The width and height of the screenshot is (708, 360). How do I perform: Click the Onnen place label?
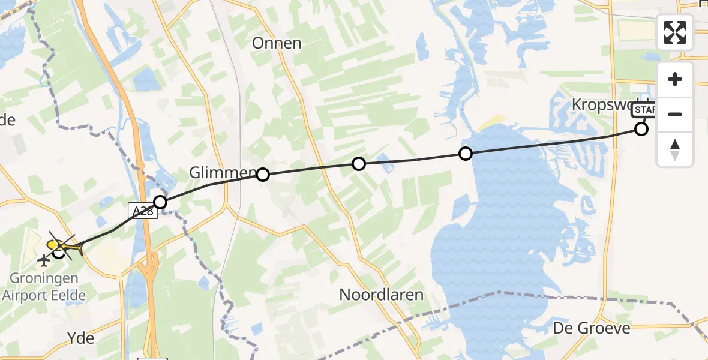click(x=277, y=43)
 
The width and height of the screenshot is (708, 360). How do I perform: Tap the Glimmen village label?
click(x=222, y=173)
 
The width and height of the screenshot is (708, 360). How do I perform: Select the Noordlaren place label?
click(x=382, y=295)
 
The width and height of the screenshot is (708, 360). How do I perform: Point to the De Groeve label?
click(x=592, y=328)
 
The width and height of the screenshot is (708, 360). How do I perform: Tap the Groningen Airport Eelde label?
click(x=44, y=287)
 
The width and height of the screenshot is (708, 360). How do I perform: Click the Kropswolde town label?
click(x=606, y=104)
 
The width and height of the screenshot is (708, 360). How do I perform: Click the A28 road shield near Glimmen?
click(x=142, y=210)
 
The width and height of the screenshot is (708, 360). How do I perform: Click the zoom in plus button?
click(x=675, y=80)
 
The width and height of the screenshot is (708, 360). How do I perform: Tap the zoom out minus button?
click(x=675, y=114)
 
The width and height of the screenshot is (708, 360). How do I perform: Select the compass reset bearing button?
click(x=675, y=149)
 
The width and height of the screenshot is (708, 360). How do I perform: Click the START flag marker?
click(x=644, y=110)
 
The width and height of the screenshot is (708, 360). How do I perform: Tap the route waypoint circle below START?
click(x=641, y=129)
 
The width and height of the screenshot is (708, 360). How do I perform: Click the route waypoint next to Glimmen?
click(x=263, y=175)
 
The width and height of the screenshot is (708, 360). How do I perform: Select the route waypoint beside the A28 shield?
click(x=160, y=202)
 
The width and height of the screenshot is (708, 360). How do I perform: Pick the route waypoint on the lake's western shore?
click(x=465, y=154)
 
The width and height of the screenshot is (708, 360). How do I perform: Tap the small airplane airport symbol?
click(x=44, y=260)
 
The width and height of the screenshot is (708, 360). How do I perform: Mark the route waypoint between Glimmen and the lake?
click(x=358, y=163)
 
